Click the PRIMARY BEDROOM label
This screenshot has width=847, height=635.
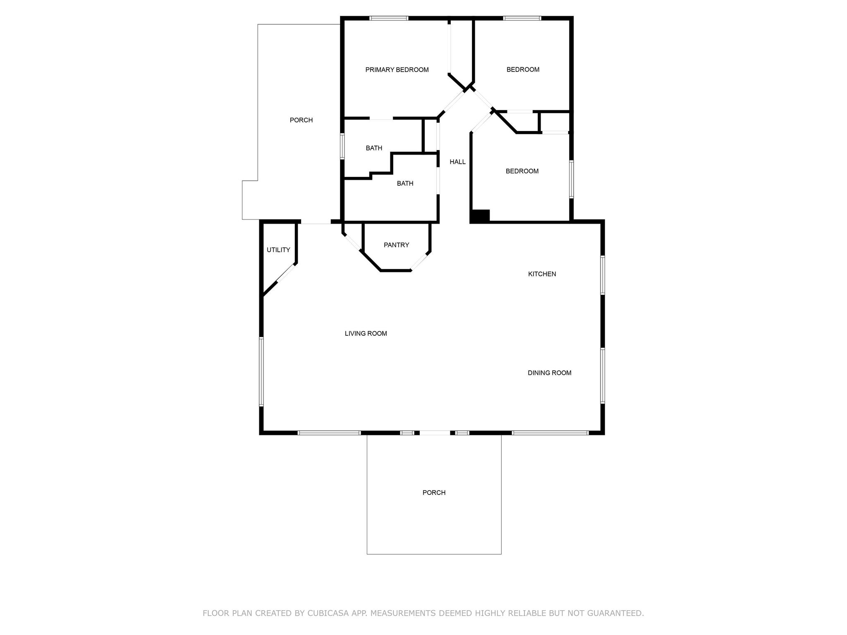click(397, 70)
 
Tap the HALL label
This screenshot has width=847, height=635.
click(457, 162)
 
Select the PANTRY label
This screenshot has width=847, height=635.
click(396, 245)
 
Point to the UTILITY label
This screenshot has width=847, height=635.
click(278, 250)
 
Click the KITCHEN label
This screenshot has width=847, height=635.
click(542, 274)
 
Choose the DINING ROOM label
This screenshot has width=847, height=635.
click(549, 373)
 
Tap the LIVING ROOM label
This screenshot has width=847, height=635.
click(366, 334)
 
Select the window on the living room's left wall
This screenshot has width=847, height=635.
click(261, 371)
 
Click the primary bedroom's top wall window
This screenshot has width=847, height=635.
click(389, 18)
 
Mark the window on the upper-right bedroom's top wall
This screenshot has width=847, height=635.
click(522, 18)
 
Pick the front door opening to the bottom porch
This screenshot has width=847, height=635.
click(435, 433)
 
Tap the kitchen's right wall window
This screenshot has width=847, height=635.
click(603, 275)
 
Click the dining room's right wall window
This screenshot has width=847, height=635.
click(603, 375)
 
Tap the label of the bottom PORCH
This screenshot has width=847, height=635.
click(434, 493)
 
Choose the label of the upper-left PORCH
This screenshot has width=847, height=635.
click(301, 120)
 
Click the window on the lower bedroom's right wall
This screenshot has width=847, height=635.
click(572, 179)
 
